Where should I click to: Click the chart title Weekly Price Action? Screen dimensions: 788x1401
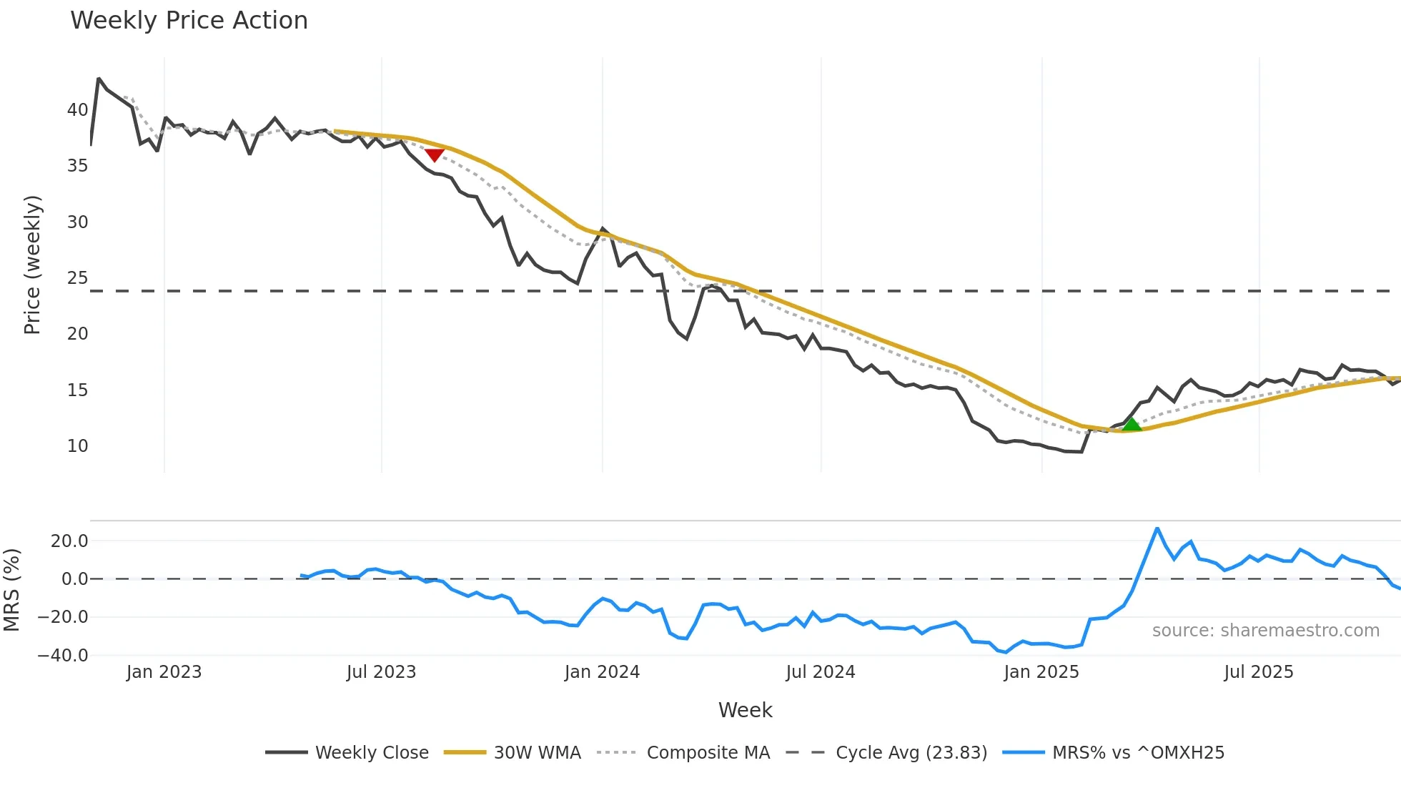(189, 21)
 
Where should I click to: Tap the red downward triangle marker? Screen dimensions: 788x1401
(435, 154)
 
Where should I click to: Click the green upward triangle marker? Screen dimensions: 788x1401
(1131, 425)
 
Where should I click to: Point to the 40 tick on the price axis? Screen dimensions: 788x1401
(77, 110)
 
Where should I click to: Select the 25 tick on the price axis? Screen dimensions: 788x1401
(77, 278)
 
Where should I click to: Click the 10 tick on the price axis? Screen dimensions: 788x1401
(77, 446)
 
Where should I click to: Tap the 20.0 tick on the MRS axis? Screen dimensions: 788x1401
(69, 541)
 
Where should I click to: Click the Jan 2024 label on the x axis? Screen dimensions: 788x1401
(602, 672)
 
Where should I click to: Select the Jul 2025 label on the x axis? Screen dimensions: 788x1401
(1258, 672)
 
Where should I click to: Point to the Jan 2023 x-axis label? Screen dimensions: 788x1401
(164, 672)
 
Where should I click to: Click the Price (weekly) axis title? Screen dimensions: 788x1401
(32, 265)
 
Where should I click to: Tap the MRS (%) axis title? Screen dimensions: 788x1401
(11, 590)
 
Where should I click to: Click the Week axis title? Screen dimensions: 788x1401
(745, 710)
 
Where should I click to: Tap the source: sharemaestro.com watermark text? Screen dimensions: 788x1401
(1265, 631)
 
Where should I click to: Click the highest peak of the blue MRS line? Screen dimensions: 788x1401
(1157, 528)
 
